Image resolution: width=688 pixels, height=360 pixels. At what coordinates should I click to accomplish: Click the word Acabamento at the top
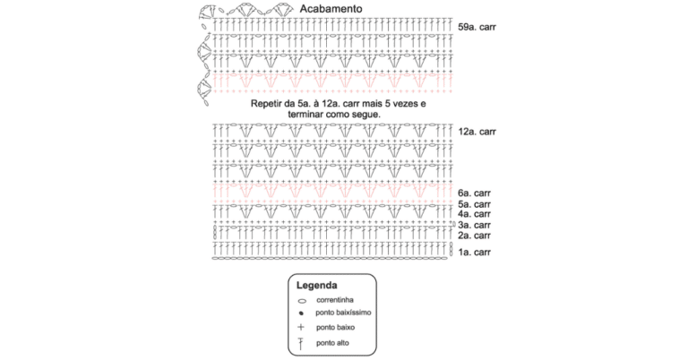[331, 9]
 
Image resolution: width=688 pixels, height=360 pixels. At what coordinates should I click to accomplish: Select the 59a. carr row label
[477, 27]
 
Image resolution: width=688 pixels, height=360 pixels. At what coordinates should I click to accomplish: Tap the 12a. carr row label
[477, 132]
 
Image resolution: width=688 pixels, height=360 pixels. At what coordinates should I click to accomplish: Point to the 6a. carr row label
[474, 193]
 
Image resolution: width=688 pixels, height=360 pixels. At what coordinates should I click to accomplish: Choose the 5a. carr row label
[474, 204]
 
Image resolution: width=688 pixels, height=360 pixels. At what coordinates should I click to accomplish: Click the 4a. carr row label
[474, 214]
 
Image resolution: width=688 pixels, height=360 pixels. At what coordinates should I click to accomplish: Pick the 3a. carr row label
[474, 225]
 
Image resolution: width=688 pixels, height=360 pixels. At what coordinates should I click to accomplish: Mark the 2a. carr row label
[474, 236]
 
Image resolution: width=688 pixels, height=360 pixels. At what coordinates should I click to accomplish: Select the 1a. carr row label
[474, 253]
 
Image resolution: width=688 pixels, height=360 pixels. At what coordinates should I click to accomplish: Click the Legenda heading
[317, 286]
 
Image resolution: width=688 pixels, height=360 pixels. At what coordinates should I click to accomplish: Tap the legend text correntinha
[335, 300]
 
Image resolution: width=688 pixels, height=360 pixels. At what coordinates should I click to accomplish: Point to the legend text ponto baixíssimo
[343, 313]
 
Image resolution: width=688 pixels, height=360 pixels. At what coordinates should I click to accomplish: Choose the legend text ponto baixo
[335, 328]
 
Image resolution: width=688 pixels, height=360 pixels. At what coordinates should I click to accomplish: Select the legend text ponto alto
[332, 343]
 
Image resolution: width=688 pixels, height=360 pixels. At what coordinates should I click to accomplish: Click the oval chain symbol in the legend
[302, 301]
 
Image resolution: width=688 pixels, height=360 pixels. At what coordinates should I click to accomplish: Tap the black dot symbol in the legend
[301, 313]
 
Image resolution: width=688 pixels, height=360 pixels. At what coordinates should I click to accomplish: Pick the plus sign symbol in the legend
[301, 327]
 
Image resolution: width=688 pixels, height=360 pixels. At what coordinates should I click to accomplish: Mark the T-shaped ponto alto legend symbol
[301, 344]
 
